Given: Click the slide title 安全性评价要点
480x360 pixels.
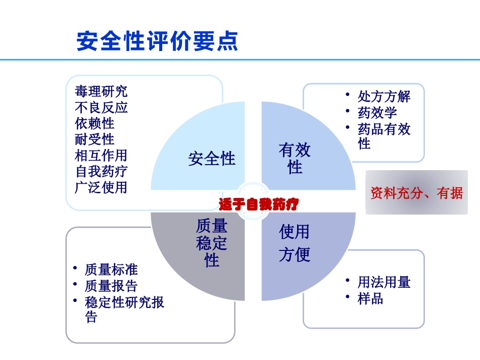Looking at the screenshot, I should [x=157, y=41].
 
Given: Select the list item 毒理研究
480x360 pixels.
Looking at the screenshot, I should [x=101, y=91].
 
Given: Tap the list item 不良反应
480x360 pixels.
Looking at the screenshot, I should [x=101, y=108].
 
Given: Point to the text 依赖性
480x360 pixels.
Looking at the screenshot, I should [x=94, y=123].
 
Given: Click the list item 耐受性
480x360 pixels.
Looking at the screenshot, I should [x=94, y=139].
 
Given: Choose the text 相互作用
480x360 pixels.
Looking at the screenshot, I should [x=101, y=155].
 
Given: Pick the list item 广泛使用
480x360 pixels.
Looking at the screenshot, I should [x=101, y=187].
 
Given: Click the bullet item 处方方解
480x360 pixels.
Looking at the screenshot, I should [x=384, y=96].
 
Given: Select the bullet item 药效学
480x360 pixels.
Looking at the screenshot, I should [x=377, y=113].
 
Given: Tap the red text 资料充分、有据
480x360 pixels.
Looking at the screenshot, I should [x=416, y=193].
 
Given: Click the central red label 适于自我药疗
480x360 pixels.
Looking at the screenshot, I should [x=259, y=204].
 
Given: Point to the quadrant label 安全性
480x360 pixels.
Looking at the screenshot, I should [x=212, y=159].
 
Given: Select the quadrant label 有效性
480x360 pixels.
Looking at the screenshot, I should [x=295, y=158].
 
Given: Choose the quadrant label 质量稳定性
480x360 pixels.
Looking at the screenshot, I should [x=212, y=243].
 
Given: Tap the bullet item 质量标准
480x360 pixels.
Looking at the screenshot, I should [x=111, y=270].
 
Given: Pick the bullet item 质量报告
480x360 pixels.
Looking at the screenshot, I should [x=111, y=286].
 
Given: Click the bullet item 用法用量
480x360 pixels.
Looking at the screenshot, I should [x=384, y=282].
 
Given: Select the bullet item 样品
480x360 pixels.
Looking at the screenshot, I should [x=371, y=298].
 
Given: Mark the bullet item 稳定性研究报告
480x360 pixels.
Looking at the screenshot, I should [x=124, y=309].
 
